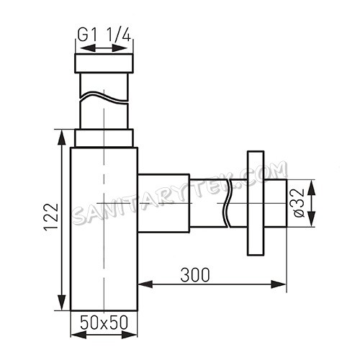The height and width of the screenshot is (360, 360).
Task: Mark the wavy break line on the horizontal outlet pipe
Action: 229,202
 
